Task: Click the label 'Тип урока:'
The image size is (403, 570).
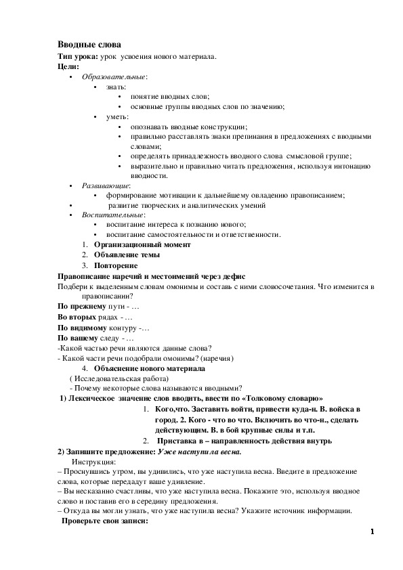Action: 78,57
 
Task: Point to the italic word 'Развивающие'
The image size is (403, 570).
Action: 105,185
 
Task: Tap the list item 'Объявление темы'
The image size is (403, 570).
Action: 127,255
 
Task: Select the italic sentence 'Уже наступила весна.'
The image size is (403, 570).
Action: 200,452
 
